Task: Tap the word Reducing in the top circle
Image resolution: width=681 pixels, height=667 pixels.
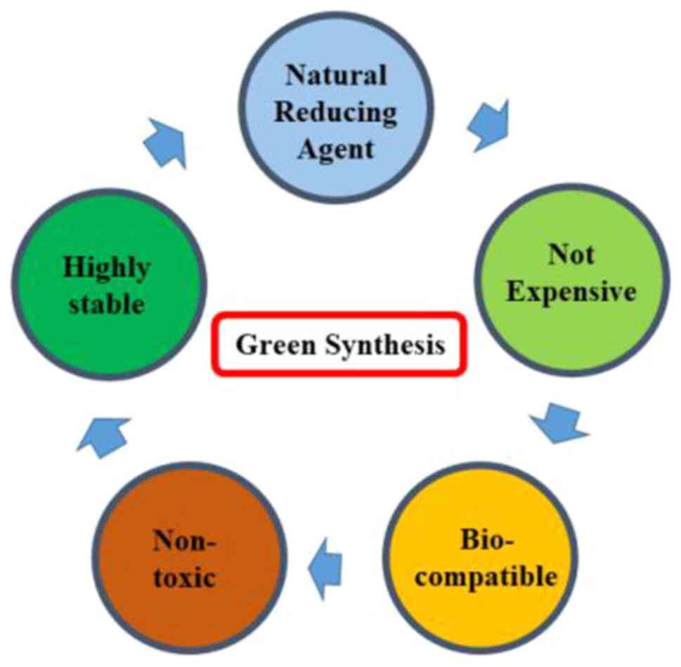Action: (335, 112)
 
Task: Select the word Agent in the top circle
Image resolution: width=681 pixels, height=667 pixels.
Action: (335, 148)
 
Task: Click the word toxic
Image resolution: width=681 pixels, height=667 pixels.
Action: (191, 579)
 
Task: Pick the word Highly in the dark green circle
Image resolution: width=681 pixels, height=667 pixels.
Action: (107, 268)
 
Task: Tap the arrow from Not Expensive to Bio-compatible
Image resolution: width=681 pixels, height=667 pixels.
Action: (559, 423)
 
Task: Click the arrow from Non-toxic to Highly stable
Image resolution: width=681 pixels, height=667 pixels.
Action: (103, 435)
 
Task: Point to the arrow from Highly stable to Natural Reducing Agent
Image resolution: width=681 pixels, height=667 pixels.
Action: (166, 142)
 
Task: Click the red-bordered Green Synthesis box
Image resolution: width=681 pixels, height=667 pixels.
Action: (339, 345)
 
